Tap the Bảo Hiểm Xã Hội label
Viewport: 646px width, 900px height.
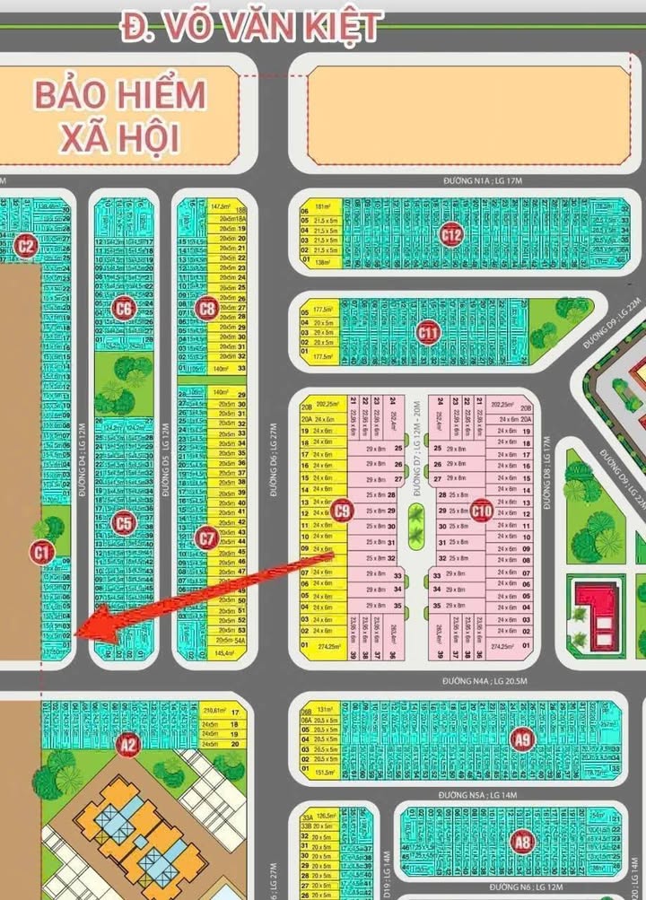120,116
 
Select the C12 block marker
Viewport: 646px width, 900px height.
451,235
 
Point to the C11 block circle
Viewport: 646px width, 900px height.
429,333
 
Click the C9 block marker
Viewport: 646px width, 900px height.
341,511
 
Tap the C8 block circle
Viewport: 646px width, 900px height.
206,309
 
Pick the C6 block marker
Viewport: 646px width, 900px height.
124,309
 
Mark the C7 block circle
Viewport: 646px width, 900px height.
206,538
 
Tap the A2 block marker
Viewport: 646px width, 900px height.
128,742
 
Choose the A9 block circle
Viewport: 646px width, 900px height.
521,739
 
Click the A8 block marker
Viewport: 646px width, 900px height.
521,841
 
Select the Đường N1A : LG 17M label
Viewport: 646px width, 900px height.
484,181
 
